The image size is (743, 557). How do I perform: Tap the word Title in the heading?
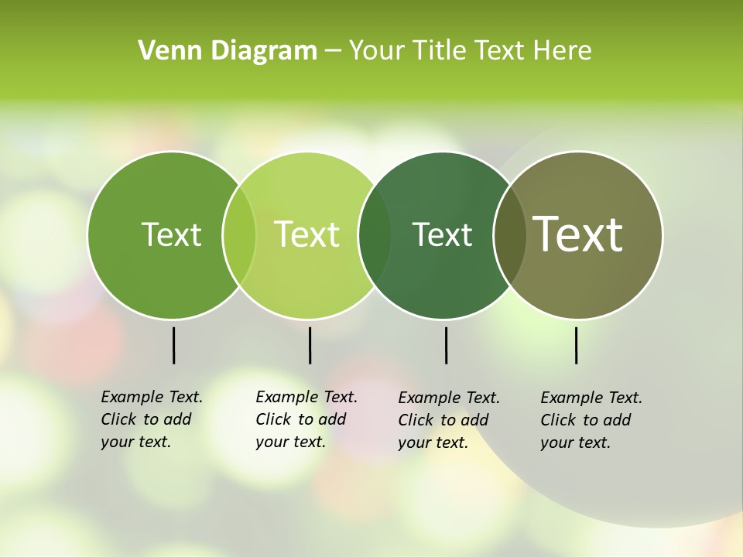[x=438, y=51]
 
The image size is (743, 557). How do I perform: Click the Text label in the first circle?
[x=171, y=234]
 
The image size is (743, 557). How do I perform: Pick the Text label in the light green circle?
[x=307, y=234]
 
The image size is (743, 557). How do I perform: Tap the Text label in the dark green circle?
[x=442, y=234]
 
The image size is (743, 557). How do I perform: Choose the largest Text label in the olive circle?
[x=578, y=234]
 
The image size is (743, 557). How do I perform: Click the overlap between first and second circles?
[x=239, y=234]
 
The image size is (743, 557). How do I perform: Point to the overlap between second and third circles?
[x=375, y=234]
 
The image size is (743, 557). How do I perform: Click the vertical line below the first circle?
[x=173, y=345]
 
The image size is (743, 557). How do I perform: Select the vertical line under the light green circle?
[x=310, y=345]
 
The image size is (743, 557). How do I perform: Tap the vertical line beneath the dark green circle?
[x=446, y=345]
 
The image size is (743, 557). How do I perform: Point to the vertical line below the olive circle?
[x=576, y=345]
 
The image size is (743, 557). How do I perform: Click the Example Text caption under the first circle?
[x=151, y=419]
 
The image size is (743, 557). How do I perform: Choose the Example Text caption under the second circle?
[x=306, y=419]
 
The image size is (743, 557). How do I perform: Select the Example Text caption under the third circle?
[x=448, y=420]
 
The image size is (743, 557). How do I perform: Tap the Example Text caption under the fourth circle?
[x=591, y=420]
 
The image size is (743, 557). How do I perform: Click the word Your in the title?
[x=376, y=51]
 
